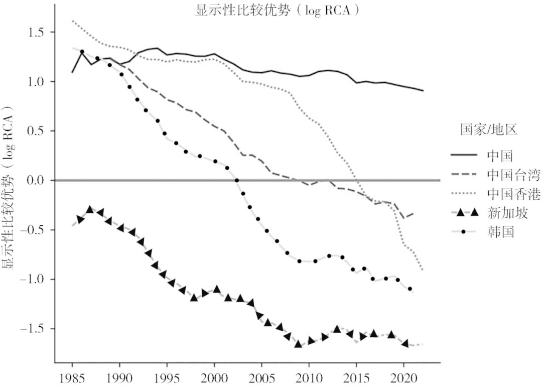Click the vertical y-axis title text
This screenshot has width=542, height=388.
(x=11, y=191)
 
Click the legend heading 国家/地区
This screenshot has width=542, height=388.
(x=489, y=131)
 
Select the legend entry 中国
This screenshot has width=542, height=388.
(x=499, y=156)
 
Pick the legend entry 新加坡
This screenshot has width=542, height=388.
(x=507, y=213)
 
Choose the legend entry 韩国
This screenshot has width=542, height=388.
(x=499, y=232)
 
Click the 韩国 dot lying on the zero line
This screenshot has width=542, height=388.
(x=236, y=181)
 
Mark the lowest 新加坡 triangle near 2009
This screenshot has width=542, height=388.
(x=298, y=344)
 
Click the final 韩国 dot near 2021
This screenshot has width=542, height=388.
(x=410, y=289)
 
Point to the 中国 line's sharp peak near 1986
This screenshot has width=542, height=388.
(x=82, y=51)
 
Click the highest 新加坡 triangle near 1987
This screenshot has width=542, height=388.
(x=90, y=209)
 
